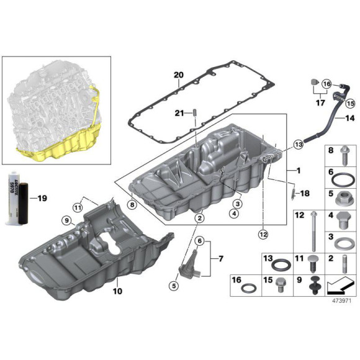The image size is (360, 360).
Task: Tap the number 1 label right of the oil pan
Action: (x=299, y=169)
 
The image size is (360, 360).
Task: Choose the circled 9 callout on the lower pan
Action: (x=66, y=220)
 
